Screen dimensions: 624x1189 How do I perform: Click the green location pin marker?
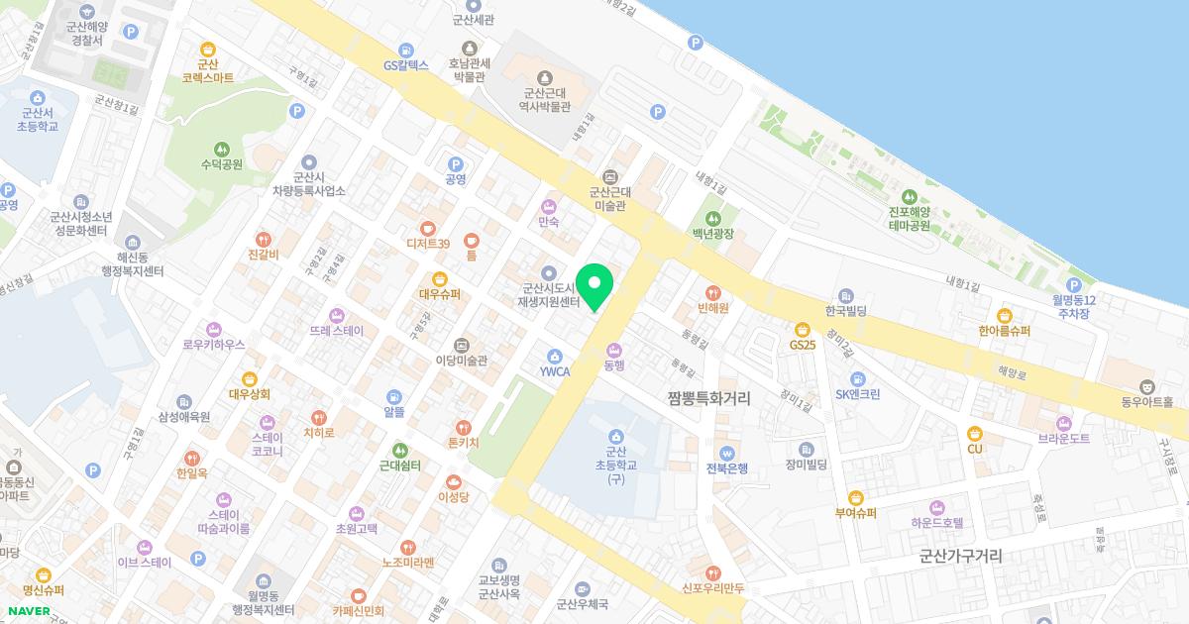pos(594,287)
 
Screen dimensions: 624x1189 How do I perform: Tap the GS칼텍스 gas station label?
pos(405,65)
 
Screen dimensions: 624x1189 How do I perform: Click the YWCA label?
pos(554,371)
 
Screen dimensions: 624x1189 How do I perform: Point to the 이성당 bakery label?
pos(453,496)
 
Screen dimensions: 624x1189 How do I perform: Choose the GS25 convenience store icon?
pos(803,328)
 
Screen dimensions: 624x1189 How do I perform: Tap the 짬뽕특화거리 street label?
pos(708,397)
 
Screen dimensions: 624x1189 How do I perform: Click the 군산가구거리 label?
pos(960,557)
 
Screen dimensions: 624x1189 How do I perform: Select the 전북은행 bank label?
pos(727,468)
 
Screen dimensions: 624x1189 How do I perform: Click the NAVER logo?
pos(30,611)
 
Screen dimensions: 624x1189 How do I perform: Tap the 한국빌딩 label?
pos(846,311)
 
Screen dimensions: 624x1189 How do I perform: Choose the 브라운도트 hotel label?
pos(1063,438)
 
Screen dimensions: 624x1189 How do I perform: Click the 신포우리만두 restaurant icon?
pos(712,572)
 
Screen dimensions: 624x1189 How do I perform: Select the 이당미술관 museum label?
pos(462,361)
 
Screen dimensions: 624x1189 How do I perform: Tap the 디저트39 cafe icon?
pos(428,228)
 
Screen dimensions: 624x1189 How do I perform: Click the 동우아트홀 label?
pos(1146,402)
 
